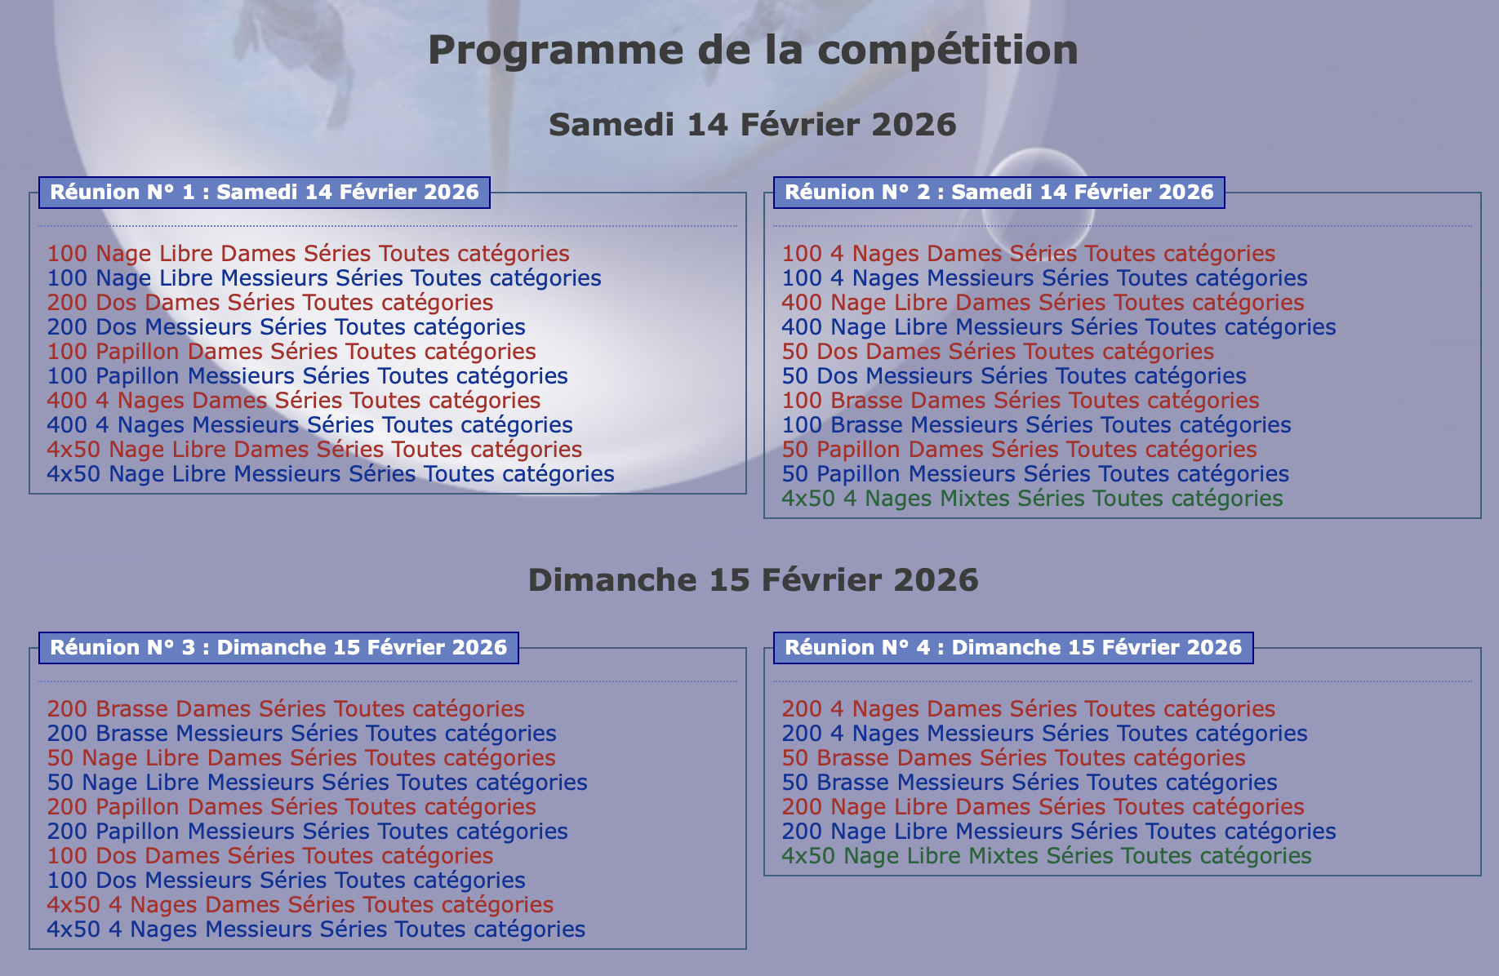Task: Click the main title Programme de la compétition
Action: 753,51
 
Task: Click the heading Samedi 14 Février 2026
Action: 753,125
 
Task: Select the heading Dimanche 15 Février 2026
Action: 753,580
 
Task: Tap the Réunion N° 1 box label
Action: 265,193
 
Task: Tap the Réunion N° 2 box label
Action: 999,193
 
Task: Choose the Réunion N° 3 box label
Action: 278,648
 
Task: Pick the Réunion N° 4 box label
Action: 1013,648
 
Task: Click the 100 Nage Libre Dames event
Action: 308,254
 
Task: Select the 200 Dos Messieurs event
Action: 286,327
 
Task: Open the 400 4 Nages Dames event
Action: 294,401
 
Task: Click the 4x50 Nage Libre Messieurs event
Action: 331,474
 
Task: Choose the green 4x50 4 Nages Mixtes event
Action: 1032,499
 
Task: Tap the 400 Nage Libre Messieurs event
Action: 1059,327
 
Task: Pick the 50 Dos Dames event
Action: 998,352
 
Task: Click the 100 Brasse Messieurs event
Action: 1036,425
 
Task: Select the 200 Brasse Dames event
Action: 286,709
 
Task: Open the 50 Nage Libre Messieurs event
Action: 317,783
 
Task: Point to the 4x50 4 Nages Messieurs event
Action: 316,929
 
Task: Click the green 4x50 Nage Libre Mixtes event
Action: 1047,856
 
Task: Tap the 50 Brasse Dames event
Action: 1013,758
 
